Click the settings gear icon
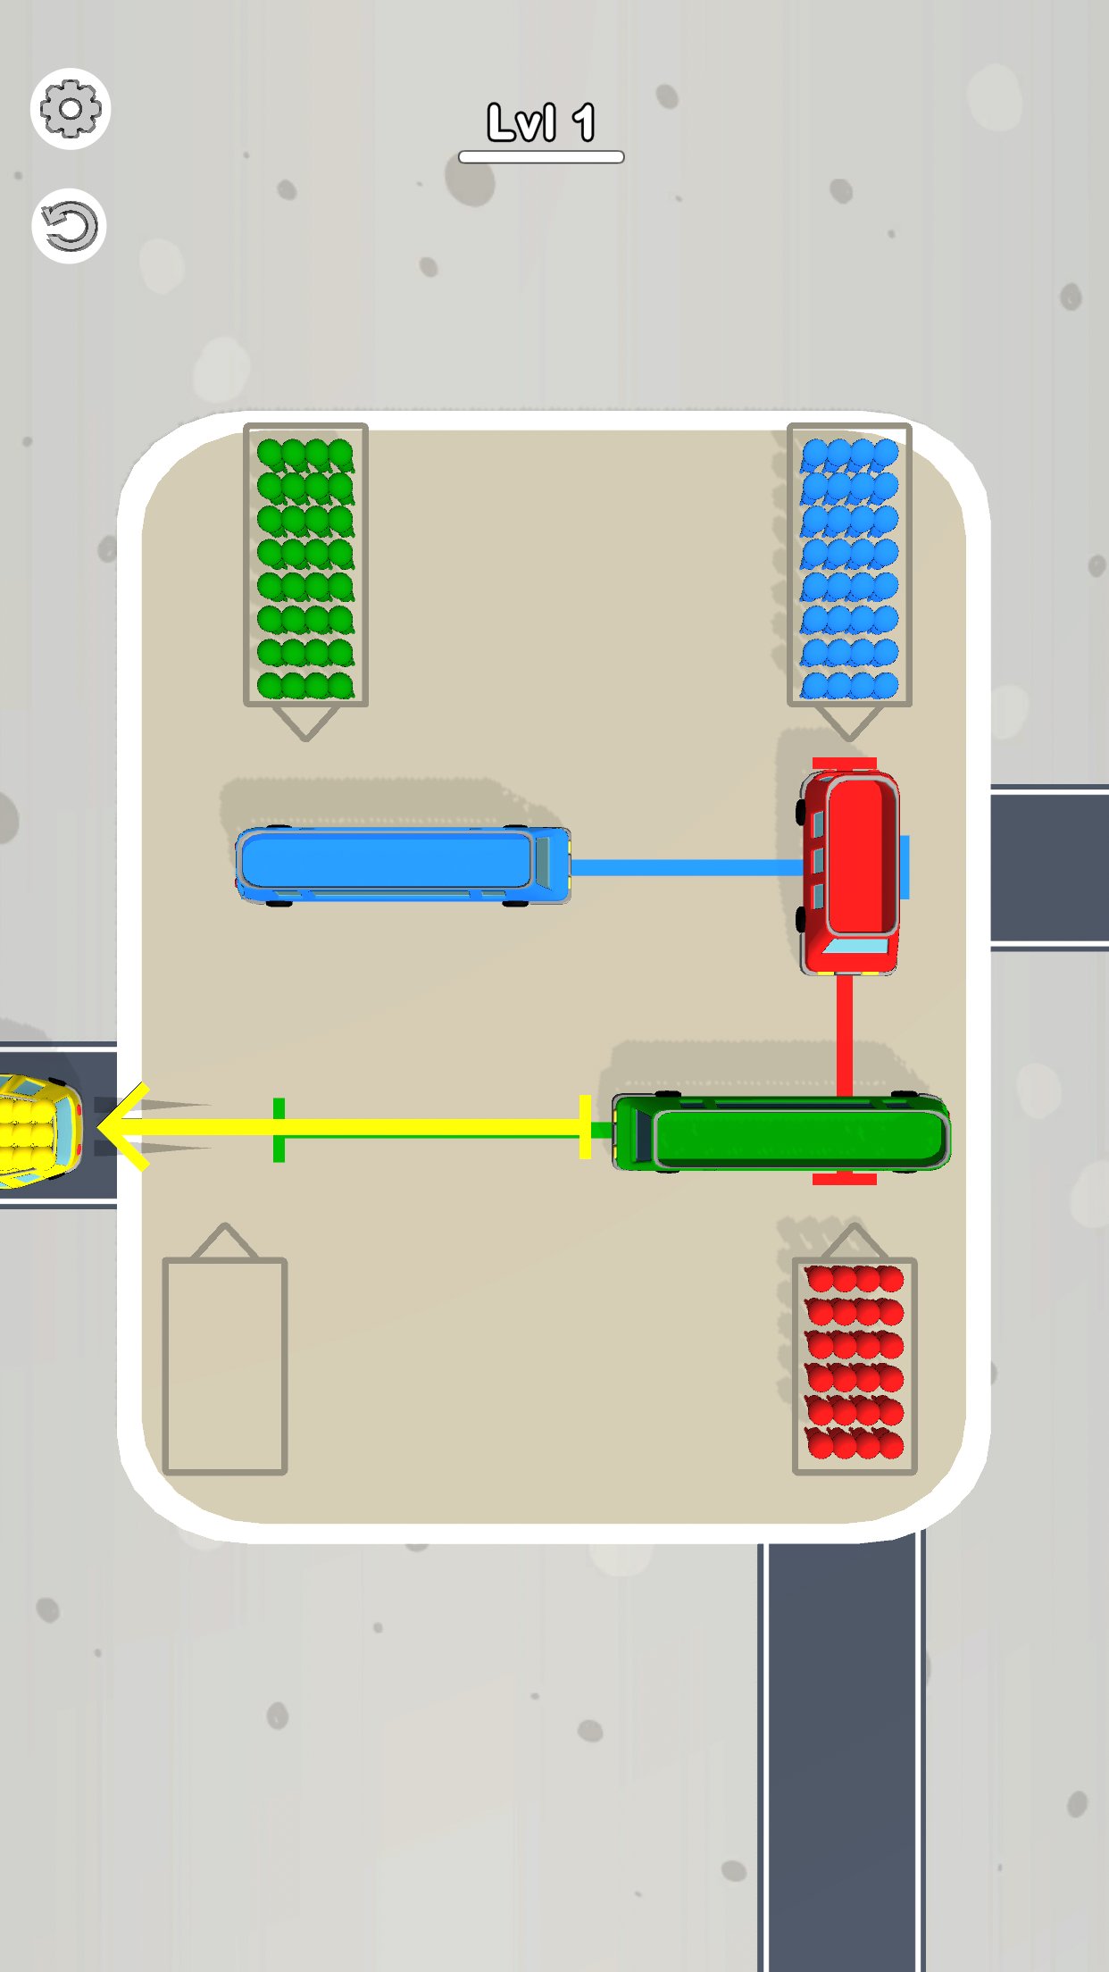click(x=71, y=109)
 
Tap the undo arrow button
click(x=70, y=226)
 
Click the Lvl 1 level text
click(x=541, y=122)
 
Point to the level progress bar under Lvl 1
click(x=541, y=157)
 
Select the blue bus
click(x=403, y=865)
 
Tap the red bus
click(x=849, y=872)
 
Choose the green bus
click(x=781, y=1132)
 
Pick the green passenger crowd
click(x=305, y=568)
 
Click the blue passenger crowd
click(x=849, y=568)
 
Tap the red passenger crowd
click(x=855, y=1362)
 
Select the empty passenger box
click(x=225, y=1366)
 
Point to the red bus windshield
click(x=855, y=946)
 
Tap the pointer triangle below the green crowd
click(x=305, y=723)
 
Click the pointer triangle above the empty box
click(x=225, y=1241)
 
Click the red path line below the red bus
click(x=845, y=1034)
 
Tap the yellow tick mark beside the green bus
click(x=585, y=1127)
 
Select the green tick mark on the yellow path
click(x=279, y=1130)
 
